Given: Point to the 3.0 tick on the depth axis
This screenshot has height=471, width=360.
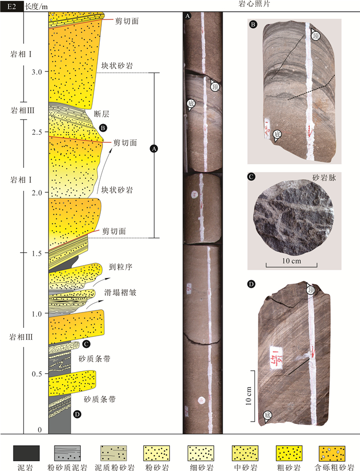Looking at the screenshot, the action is (x=35, y=73).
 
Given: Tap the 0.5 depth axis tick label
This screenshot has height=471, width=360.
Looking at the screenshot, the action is (x=35, y=374).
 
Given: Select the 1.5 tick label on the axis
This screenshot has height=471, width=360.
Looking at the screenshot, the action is (x=35, y=253).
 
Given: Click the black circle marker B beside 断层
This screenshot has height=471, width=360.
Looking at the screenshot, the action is (x=103, y=127).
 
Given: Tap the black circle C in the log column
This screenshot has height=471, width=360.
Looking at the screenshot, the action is (x=86, y=344).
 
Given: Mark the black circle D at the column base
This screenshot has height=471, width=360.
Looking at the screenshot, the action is (x=77, y=413).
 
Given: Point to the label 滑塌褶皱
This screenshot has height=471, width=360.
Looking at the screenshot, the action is (x=121, y=291).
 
